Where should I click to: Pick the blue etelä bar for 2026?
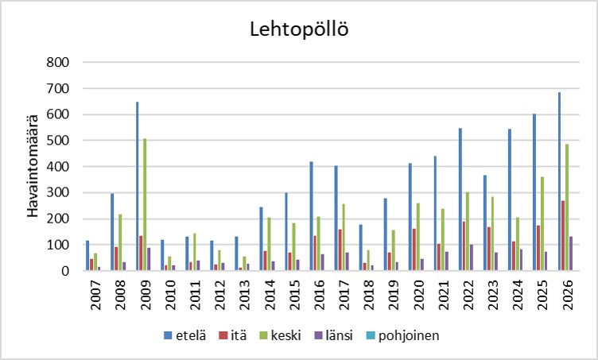[x=559, y=181]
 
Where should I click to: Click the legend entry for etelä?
[x=182, y=335]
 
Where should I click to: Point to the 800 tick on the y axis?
[x=60, y=62]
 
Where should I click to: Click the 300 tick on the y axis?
[x=60, y=192]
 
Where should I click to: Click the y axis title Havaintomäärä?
[x=34, y=167]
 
